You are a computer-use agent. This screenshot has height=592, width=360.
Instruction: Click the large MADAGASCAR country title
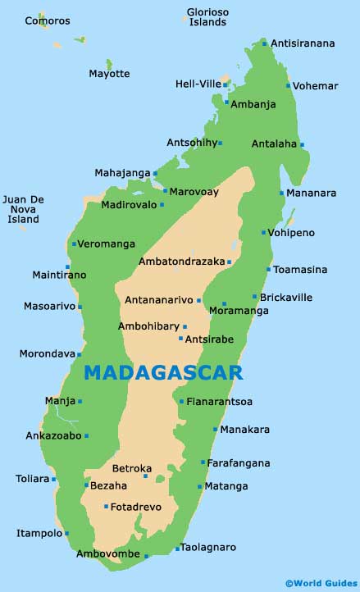[x=163, y=373]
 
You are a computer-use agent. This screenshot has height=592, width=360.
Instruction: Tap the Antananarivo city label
[x=159, y=301]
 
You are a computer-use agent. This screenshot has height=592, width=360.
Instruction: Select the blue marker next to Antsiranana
[x=265, y=43]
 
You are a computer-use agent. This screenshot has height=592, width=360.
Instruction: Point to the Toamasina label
[x=300, y=269]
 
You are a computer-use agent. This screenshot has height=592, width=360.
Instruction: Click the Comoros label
[x=48, y=20]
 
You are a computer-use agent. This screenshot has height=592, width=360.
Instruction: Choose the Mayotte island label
[x=109, y=74]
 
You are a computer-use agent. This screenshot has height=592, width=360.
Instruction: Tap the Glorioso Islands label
[x=207, y=17]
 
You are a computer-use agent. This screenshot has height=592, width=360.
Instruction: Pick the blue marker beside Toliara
[x=54, y=480]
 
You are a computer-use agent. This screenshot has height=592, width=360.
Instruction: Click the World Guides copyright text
[x=321, y=583]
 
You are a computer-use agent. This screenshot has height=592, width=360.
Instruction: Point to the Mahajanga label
[x=122, y=173]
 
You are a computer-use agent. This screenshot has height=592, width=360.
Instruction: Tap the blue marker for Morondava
[x=80, y=354]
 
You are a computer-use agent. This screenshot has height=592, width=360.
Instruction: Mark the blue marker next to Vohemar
[x=289, y=85]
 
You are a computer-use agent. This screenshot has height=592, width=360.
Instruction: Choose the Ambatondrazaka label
[x=181, y=262]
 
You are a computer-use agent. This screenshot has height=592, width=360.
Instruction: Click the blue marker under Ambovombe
[x=147, y=557]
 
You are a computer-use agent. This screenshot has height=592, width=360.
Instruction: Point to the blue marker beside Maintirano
[x=67, y=266]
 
